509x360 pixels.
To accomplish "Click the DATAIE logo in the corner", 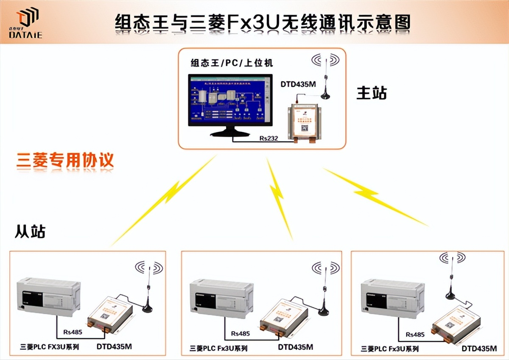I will point(26,23).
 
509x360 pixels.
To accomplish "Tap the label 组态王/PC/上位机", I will point(232,63).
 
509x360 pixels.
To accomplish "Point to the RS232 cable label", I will point(268,138).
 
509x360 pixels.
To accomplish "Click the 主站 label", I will point(372,93).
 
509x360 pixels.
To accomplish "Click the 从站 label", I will point(30,231).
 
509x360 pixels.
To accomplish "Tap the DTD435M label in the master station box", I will point(298,84).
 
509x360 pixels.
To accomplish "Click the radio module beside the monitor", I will point(303,120).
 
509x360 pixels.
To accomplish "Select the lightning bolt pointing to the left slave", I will point(165,199).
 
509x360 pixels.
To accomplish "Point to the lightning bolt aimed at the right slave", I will point(373,195).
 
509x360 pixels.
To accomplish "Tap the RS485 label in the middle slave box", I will point(241,333).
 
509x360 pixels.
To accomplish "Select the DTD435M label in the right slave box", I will point(479,349).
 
